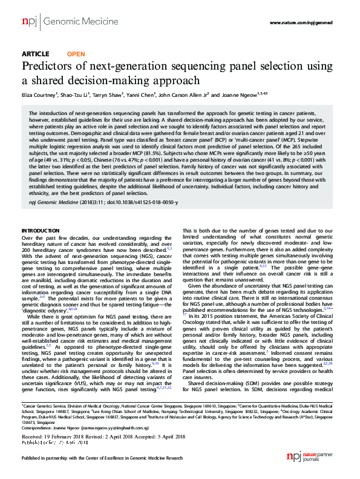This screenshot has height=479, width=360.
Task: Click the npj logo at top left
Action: point(28,22)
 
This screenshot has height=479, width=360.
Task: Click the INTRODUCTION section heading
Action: point(41,231)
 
